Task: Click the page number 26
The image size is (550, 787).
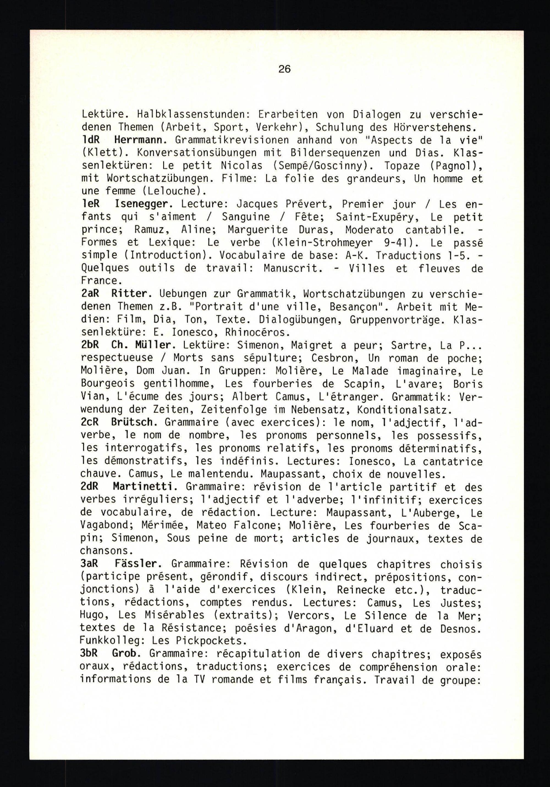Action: [x=284, y=70]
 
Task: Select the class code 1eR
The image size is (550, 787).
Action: [x=90, y=204]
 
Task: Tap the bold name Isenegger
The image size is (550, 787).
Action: [x=143, y=204]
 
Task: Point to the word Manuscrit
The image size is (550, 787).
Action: [x=293, y=268]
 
